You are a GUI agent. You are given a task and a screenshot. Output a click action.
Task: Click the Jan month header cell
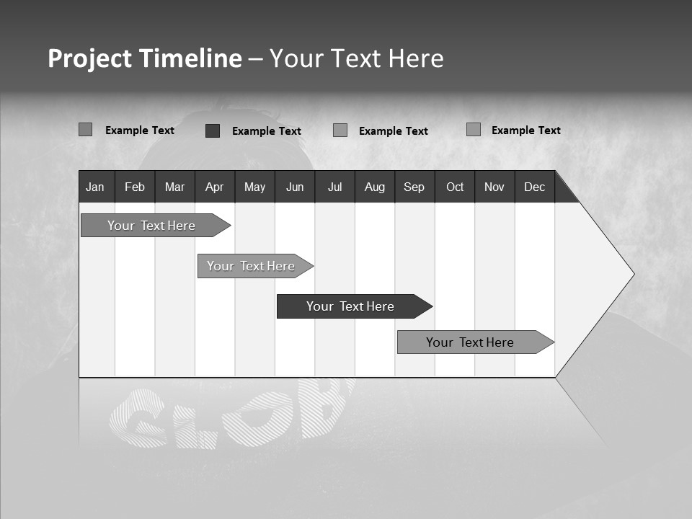(x=96, y=187)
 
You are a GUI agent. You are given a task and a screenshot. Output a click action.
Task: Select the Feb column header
(x=135, y=187)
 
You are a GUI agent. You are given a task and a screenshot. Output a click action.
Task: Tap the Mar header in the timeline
(x=174, y=187)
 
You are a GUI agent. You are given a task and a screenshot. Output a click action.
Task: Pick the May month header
(x=254, y=187)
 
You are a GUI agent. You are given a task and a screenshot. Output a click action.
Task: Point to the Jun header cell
(x=295, y=187)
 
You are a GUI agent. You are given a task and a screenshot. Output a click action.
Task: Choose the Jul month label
(x=334, y=187)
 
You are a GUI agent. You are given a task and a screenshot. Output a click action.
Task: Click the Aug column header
(x=375, y=187)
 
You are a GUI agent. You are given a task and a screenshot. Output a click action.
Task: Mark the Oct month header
(x=455, y=187)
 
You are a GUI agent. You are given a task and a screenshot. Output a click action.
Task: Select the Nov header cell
(x=494, y=187)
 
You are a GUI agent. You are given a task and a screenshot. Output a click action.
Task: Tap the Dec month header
(x=535, y=187)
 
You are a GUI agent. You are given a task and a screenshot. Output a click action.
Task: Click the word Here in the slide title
(x=416, y=58)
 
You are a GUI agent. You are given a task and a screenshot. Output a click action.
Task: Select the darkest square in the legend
(x=213, y=130)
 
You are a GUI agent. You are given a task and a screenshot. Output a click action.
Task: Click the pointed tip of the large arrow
(x=632, y=274)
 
